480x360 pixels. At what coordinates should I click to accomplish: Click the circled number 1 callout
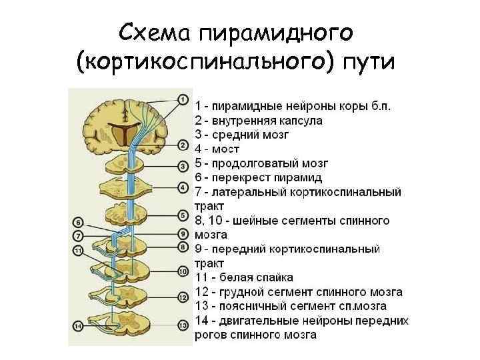183,100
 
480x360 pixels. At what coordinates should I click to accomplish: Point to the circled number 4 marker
183,188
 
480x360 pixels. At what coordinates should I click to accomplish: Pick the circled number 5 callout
183,215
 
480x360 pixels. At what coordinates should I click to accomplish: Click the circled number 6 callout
78,223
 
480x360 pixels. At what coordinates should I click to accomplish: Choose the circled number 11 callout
78,251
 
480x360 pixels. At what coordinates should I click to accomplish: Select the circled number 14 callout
78,326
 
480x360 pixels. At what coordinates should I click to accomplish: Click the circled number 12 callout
183,297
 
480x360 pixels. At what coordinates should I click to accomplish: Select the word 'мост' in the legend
226,149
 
